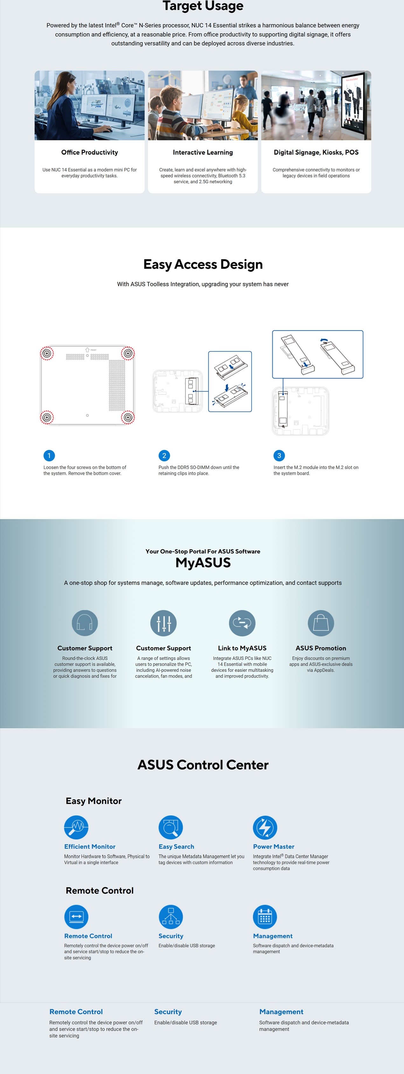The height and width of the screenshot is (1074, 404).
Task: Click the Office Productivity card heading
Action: (90, 152)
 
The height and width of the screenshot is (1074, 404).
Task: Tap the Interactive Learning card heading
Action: (203, 152)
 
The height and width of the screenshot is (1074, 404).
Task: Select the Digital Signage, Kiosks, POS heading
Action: (316, 152)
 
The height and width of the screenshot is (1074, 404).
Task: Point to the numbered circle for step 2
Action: (164, 455)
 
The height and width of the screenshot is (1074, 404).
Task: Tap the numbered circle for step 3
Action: (279, 455)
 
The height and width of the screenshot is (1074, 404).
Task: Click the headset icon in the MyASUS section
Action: (85, 623)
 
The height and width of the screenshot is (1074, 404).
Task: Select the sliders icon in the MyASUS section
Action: (164, 623)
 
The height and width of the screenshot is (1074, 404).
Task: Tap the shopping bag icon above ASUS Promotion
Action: (321, 623)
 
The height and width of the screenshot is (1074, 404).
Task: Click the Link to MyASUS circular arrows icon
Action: (242, 623)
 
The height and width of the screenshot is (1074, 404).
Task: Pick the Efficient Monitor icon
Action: (76, 827)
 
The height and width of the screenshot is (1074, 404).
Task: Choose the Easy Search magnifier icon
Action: (171, 827)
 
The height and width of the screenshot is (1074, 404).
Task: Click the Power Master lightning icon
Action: (265, 827)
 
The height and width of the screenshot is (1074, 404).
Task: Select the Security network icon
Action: (171, 917)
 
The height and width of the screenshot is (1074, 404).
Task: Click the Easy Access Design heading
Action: (203, 264)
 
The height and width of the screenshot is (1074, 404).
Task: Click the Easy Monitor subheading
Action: (94, 801)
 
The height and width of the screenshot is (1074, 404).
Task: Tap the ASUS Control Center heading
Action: (203, 765)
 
